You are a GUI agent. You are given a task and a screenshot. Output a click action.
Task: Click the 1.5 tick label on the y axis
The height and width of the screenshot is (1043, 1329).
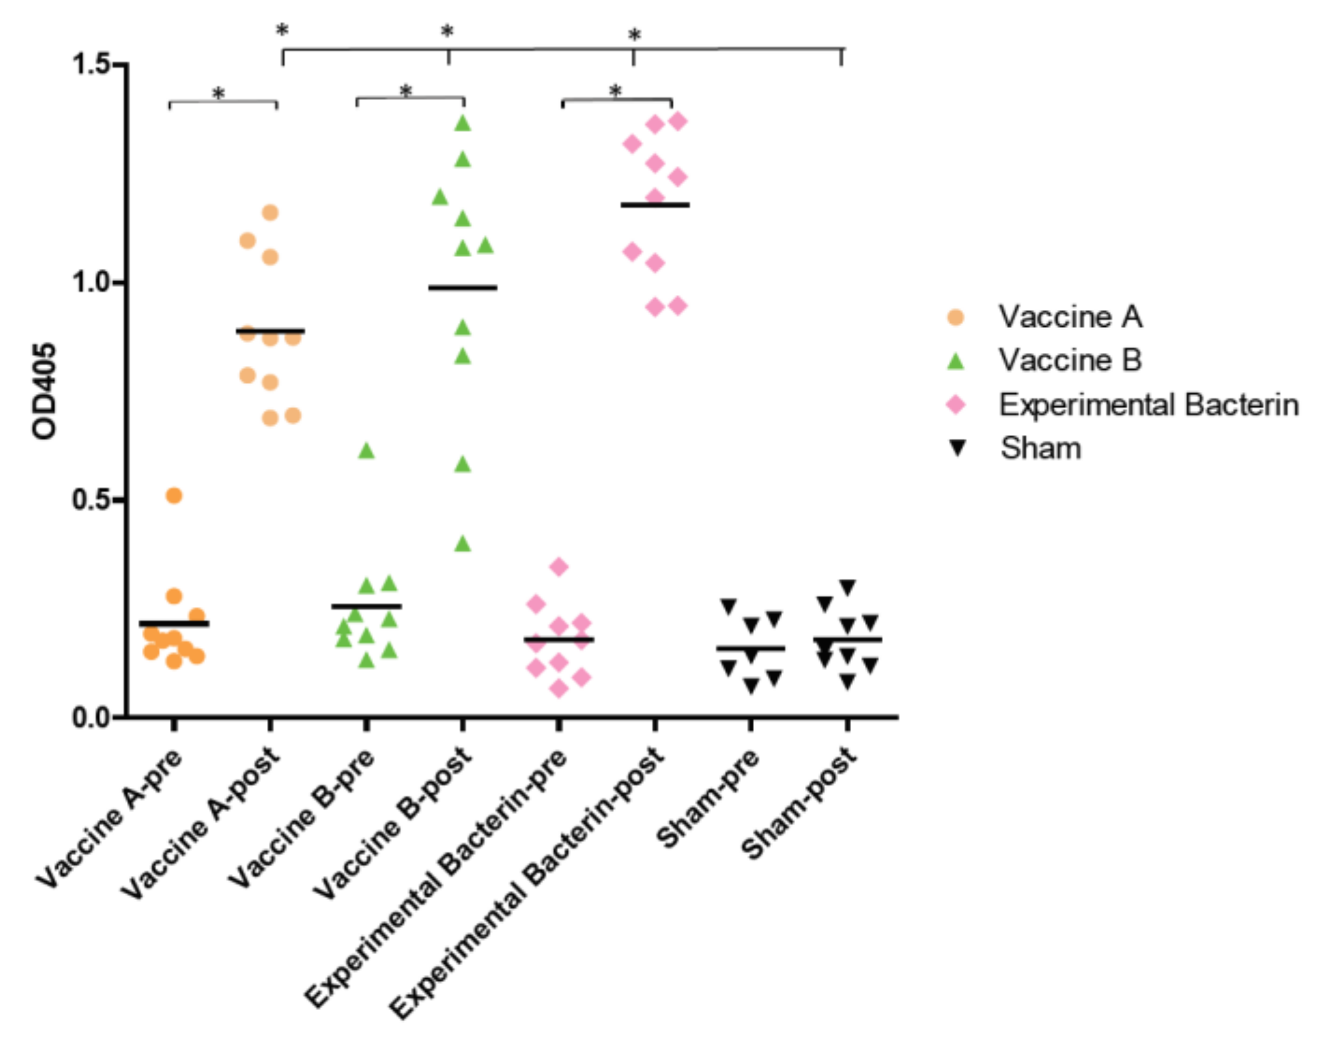pos(91,63)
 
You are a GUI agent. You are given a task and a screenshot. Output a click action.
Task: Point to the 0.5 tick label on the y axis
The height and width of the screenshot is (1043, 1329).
pos(91,500)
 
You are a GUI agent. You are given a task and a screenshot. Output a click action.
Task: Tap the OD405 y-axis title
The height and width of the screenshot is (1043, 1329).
pos(44,391)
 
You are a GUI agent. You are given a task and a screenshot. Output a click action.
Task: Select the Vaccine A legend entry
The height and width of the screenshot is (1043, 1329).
pos(1069,317)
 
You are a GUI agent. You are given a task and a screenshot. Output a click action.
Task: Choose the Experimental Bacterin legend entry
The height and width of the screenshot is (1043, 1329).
pos(1148,405)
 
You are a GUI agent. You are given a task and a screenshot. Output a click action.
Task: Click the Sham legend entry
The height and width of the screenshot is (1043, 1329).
pos(1040,448)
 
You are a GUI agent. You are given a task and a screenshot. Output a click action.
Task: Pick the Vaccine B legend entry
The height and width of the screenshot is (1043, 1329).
pos(1069,360)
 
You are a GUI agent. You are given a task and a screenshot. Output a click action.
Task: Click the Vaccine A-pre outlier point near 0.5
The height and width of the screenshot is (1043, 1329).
pos(174,495)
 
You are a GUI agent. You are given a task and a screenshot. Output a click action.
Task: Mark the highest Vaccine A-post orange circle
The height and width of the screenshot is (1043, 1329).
pos(270,213)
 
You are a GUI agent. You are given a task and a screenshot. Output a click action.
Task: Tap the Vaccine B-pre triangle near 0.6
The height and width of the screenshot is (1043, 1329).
pos(366,451)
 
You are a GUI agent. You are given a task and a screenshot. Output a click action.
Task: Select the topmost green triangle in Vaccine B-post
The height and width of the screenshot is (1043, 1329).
pos(462,123)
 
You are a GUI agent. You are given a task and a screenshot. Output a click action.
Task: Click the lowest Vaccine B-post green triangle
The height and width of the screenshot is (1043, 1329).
pos(462,544)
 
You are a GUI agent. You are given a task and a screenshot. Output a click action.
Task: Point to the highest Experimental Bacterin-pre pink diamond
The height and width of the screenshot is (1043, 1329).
pos(559,566)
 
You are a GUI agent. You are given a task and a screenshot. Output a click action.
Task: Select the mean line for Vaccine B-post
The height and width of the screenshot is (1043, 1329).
pos(462,288)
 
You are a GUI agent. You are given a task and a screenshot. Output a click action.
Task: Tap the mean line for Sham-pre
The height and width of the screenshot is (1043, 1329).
pos(750,648)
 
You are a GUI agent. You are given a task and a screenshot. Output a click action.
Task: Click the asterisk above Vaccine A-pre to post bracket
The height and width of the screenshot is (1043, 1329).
pos(218,94)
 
